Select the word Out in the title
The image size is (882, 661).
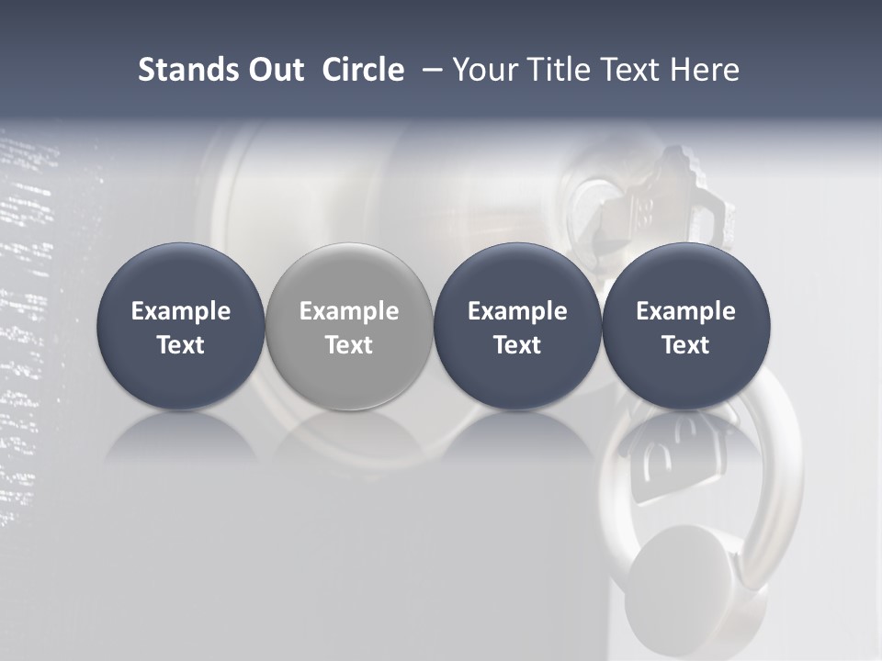pos(273,70)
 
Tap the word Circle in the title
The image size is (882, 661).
pos(363,70)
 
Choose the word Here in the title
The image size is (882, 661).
pos(704,70)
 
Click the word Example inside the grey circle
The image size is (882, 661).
pos(349,311)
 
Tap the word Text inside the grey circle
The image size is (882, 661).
pos(349,345)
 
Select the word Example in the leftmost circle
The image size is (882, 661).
pos(181,311)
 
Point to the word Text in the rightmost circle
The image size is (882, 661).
pos(685,345)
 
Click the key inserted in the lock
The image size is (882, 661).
pos(643,202)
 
